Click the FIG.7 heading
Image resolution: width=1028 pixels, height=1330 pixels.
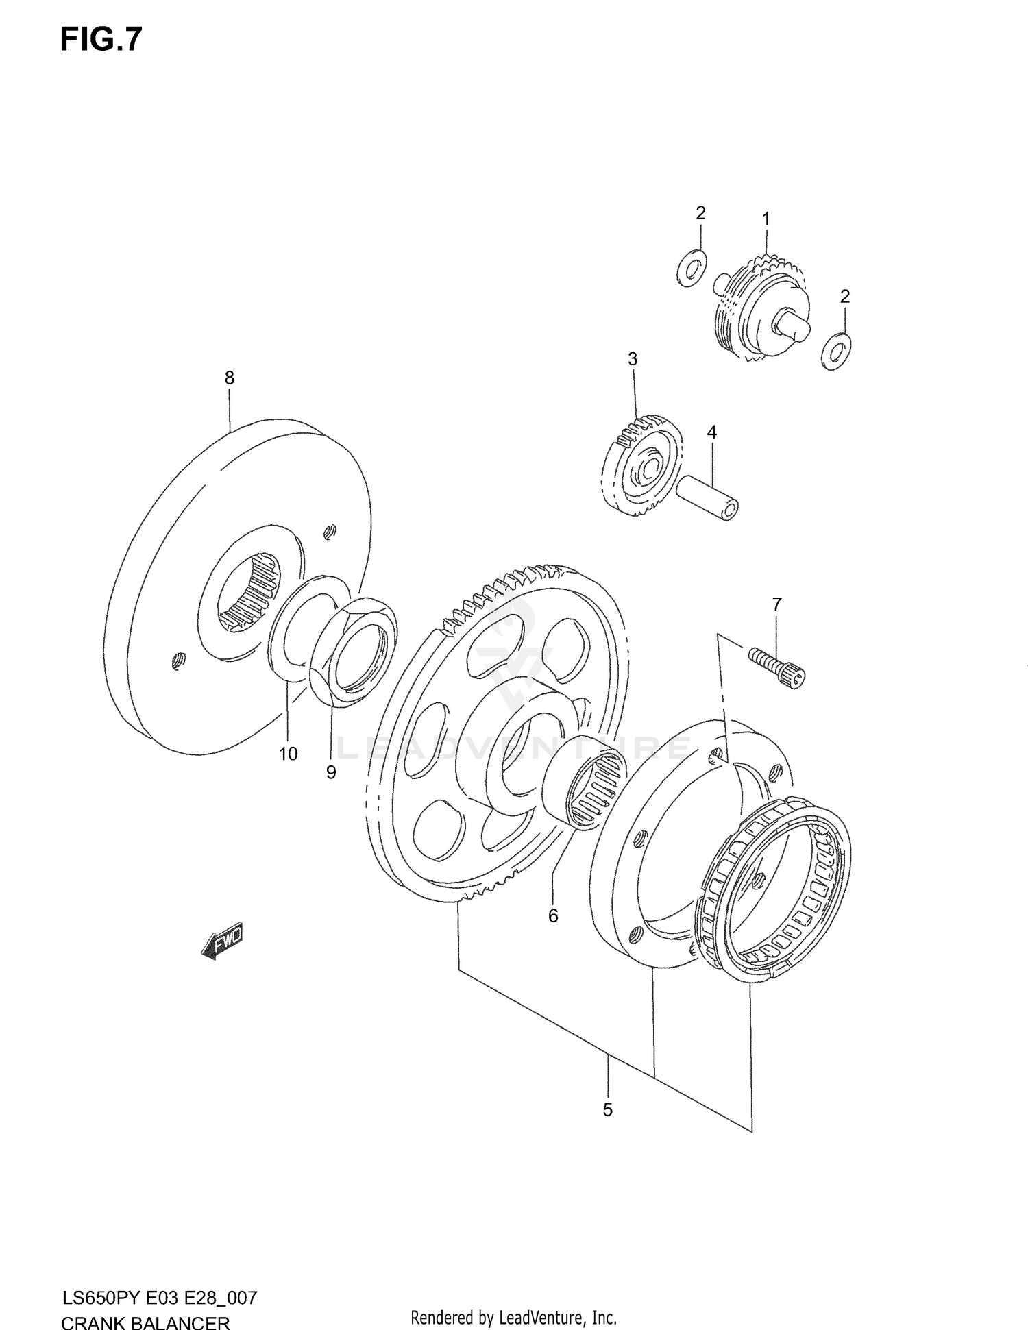point(101,40)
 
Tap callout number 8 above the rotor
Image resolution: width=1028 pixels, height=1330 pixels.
point(230,378)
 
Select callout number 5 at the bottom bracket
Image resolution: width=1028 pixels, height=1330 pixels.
point(607,1109)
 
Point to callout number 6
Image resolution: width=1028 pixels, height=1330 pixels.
point(553,915)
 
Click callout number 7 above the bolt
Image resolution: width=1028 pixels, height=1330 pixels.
point(776,604)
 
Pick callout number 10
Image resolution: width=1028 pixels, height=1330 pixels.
point(289,754)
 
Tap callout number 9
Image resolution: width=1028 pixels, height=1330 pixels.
point(331,772)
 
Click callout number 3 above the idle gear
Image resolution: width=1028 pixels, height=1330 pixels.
point(633,358)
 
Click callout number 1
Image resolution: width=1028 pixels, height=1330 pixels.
point(766,219)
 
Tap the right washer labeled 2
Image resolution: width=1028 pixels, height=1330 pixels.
point(835,351)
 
